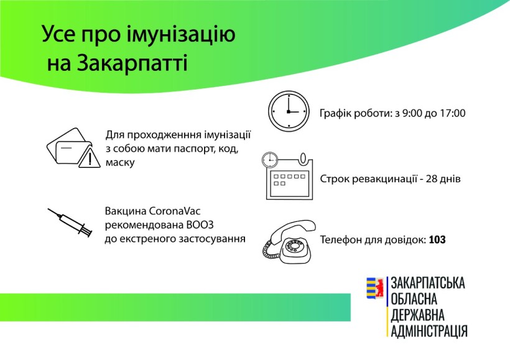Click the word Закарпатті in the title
point(132,62)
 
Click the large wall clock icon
point(289,111)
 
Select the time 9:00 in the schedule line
point(412,113)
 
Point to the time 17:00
point(453,113)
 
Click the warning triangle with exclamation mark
point(90,157)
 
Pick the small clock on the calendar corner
point(270,160)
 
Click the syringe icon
point(70,222)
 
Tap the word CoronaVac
point(175,211)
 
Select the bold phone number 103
point(437,239)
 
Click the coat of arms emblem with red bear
point(375,288)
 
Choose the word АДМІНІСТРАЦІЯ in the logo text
point(429,331)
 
